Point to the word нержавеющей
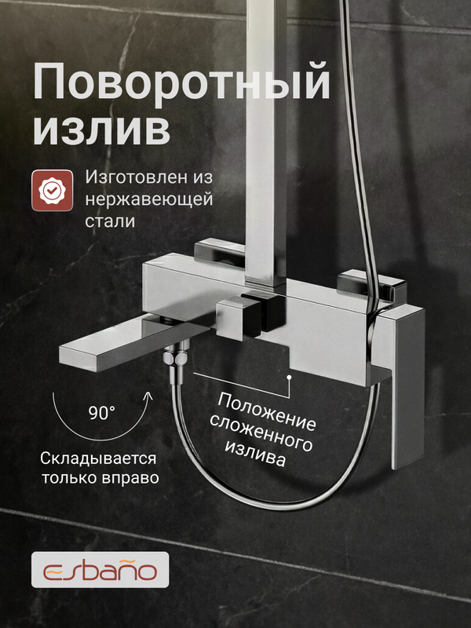click(148, 199)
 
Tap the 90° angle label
click(100, 411)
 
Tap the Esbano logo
click(100, 568)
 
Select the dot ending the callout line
click(290, 378)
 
